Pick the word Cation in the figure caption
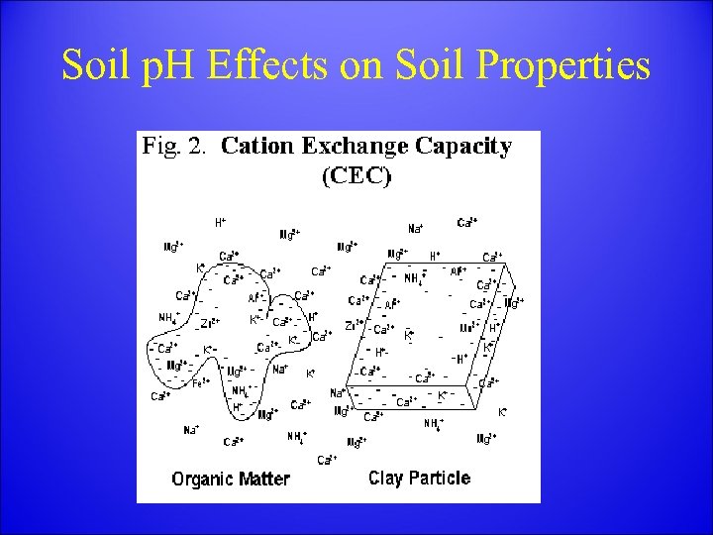(255, 148)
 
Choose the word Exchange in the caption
(354, 148)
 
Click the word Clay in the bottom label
(387, 479)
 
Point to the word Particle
(441, 479)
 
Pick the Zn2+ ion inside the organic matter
(210, 323)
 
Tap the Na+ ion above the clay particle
(416, 228)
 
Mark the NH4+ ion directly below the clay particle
(434, 423)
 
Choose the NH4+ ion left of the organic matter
(168, 317)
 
